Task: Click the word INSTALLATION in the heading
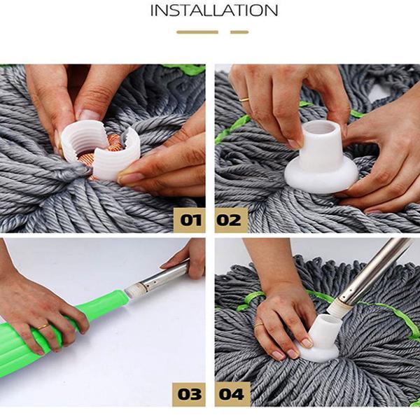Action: pos(214,10)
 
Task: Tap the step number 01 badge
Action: pos(190,220)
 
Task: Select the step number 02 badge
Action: pos(231,220)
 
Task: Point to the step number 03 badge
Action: pos(189,394)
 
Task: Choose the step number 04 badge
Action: pos(232,394)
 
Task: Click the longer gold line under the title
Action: pos(197,32)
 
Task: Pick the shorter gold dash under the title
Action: pos(239,32)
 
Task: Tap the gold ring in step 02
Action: pos(244,99)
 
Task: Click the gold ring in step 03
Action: pos(43,327)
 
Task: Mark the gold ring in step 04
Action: pos(259,325)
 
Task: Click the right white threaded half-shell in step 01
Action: pos(116,154)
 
